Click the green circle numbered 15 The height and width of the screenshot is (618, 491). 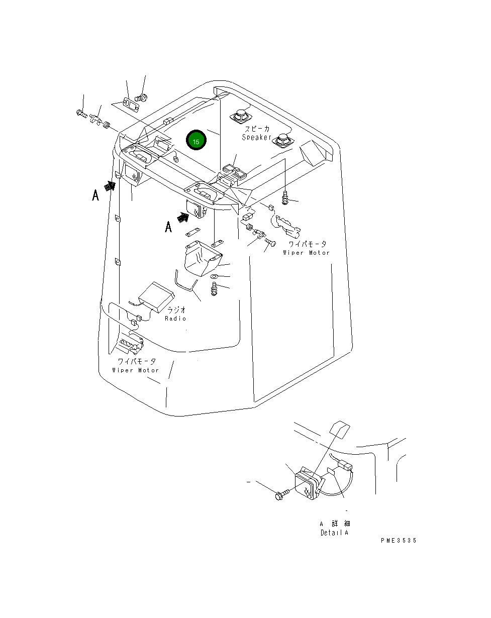pos(196,142)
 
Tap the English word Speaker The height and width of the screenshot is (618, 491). pos(256,137)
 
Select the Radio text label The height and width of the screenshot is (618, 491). pos(175,319)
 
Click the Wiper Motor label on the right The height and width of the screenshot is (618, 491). pos(306,253)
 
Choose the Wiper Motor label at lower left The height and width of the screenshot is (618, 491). pos(135,370)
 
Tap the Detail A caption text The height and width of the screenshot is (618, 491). pos(334,533)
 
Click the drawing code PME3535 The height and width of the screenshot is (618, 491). pos(399,541)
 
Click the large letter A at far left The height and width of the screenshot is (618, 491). pos(95,195)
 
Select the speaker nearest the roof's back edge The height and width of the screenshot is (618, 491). pos(241,115)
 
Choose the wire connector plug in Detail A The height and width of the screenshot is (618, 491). pos(343,465)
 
